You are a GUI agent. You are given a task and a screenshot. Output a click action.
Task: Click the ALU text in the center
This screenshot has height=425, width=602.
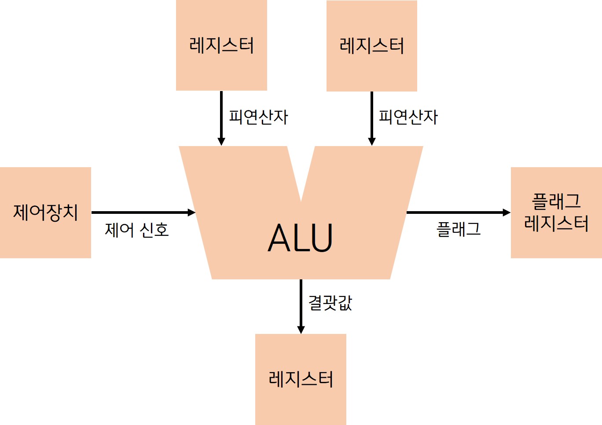point(301,238)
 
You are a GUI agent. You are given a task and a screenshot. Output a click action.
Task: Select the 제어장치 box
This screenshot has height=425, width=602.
point(45,212)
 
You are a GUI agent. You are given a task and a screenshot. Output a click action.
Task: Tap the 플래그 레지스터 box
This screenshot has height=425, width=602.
point(556,212)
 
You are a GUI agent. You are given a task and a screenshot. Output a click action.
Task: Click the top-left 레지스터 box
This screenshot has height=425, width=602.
point(221,45)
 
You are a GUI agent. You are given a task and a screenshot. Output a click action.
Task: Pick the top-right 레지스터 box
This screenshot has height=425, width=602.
point(372,46)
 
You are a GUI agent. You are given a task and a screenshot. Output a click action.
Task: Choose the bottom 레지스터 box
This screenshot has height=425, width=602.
point(301,379)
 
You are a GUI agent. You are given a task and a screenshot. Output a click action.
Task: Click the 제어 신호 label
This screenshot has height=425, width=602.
point(137,230)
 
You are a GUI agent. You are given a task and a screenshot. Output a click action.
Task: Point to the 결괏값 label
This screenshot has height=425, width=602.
point(330,303)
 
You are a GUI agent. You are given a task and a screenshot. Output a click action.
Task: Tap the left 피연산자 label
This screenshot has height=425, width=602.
point(258,117)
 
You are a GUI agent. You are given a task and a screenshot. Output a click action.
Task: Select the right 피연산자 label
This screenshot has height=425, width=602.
point(408,117)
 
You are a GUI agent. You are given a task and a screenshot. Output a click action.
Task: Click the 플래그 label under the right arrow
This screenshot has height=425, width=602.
point(459,229)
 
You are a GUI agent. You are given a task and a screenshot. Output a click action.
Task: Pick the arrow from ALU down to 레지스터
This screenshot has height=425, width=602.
point(301,304)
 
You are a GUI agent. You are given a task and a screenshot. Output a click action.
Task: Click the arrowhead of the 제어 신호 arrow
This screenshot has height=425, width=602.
point(191,212)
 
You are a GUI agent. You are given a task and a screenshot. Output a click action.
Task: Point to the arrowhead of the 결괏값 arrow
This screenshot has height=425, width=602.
point(301,330)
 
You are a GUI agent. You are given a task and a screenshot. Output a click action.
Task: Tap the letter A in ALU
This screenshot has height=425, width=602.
point(279,238)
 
